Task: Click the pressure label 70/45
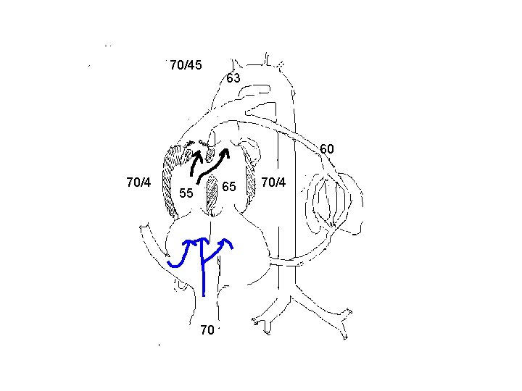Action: [x=186, y=66]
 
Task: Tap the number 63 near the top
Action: [x=233, y=78]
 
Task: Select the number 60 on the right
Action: [x=327, y=149]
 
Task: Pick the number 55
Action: [x=186, y=193]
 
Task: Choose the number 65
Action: [x=230, y=187]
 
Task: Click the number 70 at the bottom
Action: [x=207, y=330]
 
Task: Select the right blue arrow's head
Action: [x=228, y=241]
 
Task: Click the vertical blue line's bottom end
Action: [x=204, y=295]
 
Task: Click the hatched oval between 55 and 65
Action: [x=212, y=193]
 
